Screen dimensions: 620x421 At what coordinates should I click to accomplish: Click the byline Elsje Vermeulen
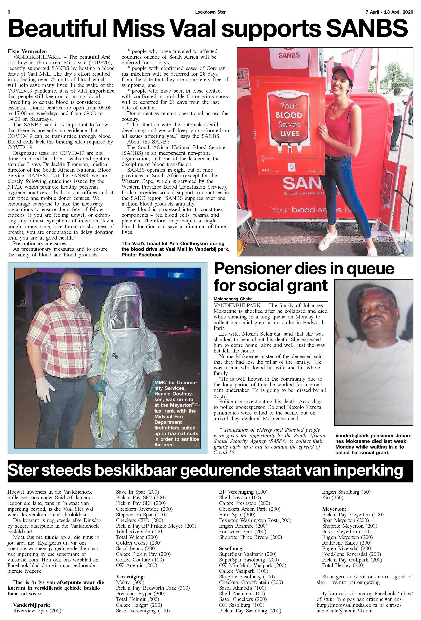[x=27, y=51]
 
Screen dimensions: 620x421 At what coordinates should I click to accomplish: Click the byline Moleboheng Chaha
[x=233, y=299]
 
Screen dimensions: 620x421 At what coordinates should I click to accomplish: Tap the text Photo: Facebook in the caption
[x=141, y=254]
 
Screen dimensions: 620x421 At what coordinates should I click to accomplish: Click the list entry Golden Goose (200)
[x=138, y=543]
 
